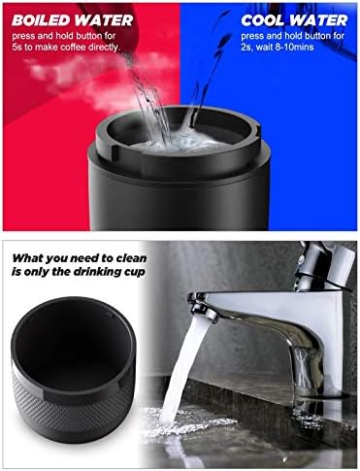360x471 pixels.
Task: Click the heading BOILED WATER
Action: pos(72,20)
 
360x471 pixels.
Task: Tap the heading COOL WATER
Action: pos(294,20)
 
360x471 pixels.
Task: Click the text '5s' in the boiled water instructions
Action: pos(17,47)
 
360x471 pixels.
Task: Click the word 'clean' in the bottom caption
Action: pos(132,258)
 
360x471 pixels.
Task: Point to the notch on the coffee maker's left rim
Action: pos(114,151)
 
